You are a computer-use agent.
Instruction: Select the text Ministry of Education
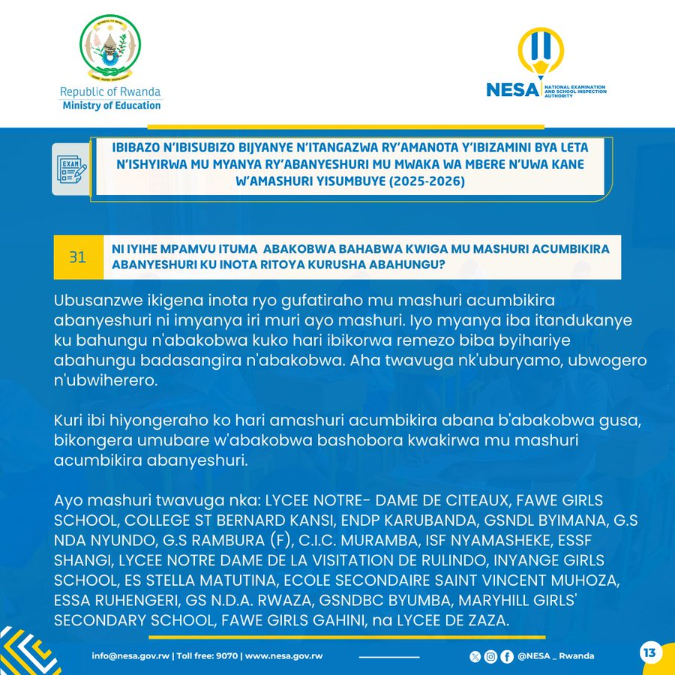tap(111, 105)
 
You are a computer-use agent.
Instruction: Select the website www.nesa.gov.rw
tap(284, 655)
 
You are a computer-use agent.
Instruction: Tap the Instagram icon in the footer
tap(490, 656)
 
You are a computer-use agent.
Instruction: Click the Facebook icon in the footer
tap(507, 656)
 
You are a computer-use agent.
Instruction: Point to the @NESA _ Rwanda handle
tap(556, 655)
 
